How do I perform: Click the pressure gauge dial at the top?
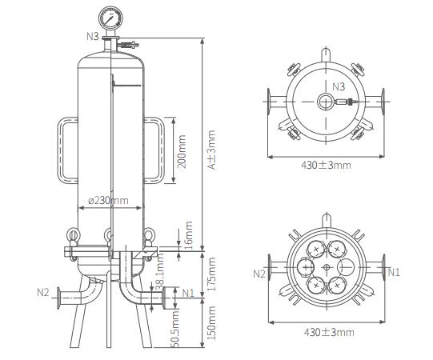110,18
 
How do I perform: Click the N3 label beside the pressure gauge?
93,37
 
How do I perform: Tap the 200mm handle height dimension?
182,151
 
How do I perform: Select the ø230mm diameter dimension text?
109,201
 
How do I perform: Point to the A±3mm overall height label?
211,150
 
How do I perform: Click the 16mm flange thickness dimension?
187,233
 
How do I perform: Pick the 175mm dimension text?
211,274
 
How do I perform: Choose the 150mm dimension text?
211,322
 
